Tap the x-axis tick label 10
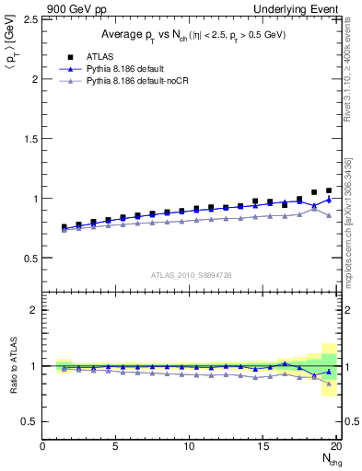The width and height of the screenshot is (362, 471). point(191,447)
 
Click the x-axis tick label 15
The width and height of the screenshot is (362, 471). point(264,447)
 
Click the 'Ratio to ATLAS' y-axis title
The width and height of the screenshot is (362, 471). point(12,366)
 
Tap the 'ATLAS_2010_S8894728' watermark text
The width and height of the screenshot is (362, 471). point(191,274)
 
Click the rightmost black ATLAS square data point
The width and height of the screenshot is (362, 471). point(329,190)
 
